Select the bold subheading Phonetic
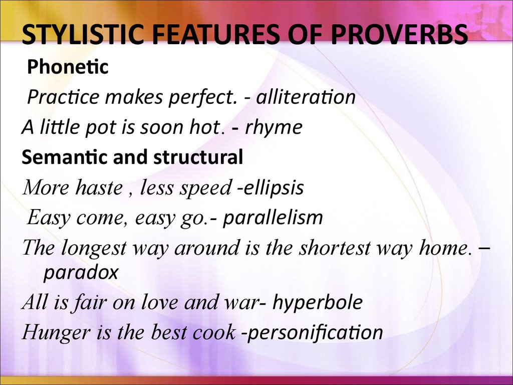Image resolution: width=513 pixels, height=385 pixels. tap(68, 67)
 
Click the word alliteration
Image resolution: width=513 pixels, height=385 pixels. tap(306, 97)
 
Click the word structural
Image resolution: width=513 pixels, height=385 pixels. tap(198, 157)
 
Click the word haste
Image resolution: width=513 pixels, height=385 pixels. tap(99, 187)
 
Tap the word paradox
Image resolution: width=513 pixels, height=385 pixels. tap(81, 272)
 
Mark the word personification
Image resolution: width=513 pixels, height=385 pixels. tap(315, 333)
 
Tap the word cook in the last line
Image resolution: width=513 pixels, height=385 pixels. tap(214, 332)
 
